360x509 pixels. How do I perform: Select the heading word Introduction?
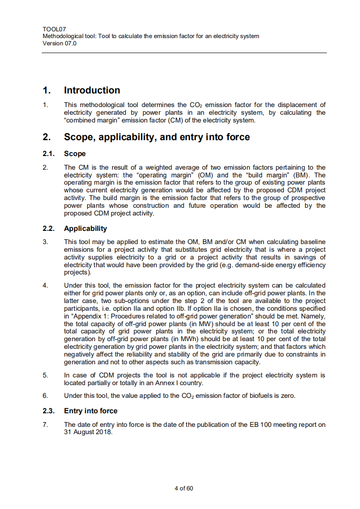92,90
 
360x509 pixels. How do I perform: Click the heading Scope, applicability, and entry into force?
157,137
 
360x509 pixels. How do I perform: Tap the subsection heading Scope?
74,154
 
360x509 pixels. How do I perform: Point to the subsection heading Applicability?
85,228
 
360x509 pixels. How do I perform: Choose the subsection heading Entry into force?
90,411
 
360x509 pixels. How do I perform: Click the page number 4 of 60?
184,488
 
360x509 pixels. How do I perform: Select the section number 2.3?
48,411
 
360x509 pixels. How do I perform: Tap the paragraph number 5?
45,375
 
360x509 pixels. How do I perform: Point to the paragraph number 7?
45,425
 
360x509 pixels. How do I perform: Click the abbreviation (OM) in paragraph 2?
207,175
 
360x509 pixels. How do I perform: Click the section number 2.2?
48,228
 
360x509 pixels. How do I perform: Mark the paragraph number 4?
45,285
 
